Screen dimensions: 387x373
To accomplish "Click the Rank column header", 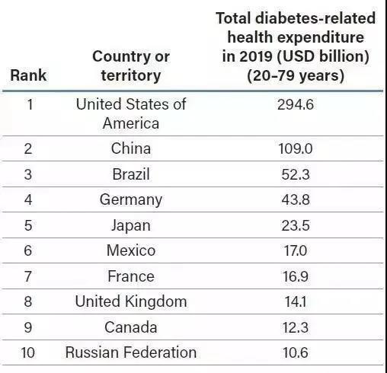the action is click(28, 75).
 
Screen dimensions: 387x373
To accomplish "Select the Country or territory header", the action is click(131, 66).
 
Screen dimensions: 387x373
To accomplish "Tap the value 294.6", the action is click(296, 104).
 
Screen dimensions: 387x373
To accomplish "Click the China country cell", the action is click(131, 148).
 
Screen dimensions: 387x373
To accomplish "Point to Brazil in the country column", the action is click(131, 174).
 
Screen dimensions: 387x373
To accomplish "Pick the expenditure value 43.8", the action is click(296, 199).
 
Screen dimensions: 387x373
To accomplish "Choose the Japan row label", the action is click(131, 226).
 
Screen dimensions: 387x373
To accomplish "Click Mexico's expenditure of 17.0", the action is click(296, 250).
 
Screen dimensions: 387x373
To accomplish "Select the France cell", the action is click(131, 276).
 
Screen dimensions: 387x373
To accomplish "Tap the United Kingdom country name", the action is click(131, 302).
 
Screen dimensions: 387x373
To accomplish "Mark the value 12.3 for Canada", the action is click(296, 327).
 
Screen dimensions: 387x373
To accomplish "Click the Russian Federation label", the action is click(131, 352).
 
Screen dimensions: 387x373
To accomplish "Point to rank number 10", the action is click(28, 352).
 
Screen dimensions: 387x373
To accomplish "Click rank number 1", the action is click(30, 104).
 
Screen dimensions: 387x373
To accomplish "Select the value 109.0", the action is click(296, 148).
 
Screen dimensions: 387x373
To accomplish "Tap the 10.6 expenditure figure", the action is click(296, 352).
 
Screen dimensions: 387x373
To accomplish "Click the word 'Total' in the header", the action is click(233, 18).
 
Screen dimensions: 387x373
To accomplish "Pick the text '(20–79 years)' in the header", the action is click(296, 75).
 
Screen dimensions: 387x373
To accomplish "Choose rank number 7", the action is click(28, 276).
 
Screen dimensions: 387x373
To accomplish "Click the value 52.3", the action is click(296, 174).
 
